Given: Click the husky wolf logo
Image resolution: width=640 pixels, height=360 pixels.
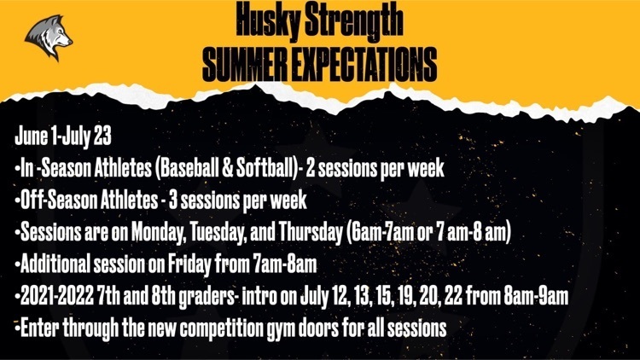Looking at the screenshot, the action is coord(48,38).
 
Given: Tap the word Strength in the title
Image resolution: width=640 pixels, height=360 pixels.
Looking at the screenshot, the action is coord(354,20).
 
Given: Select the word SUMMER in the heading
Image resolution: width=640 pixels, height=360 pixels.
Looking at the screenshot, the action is coord(245,64).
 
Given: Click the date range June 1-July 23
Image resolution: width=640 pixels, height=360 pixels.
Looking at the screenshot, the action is coord(63,136).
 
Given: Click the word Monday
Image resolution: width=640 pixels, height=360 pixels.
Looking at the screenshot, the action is coord(159,232).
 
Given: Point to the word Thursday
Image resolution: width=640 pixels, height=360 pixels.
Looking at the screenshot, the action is coord(311,232).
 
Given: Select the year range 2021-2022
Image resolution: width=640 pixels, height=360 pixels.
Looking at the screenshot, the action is coord(57,296).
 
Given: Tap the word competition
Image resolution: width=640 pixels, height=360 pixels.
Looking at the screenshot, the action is coord(221,328).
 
